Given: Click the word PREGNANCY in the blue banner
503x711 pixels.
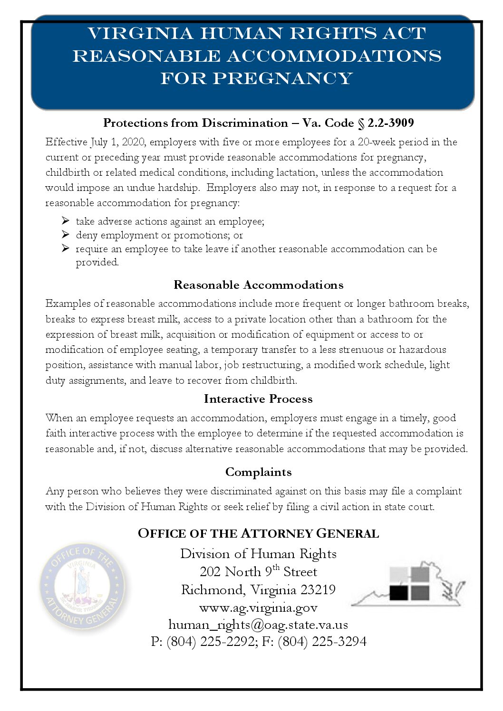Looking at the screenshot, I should tap(282, 78).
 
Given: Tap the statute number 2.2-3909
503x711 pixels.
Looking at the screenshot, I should tap(390, 123).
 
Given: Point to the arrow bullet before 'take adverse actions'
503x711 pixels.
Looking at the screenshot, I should tap(66, 221).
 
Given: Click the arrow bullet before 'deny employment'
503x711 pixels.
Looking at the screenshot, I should tap(66, 235).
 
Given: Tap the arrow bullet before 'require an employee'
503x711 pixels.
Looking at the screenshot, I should tap(66, 248).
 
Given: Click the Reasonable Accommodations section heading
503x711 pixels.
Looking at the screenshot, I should tap(258, 285).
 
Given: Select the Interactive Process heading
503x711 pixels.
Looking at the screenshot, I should tap(258, 399).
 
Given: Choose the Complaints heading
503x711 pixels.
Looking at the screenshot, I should tap(258, 472).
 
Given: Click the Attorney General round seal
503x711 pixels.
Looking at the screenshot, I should tap(83, 586).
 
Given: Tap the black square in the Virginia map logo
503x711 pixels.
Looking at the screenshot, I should tap(398, 593).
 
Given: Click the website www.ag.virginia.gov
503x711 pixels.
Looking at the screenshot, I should tap(258, 607).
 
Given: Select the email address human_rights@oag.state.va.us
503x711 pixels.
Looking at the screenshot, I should tap(258, 625).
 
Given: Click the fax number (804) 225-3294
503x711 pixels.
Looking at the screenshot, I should tap(322, 642).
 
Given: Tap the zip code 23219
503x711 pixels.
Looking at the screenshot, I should tap(318, 590).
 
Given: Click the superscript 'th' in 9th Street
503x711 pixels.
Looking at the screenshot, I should tap(276, 568).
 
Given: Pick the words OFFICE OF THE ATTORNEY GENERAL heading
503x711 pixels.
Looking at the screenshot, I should tap(258, 533).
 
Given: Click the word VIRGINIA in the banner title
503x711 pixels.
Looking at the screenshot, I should tap(140, 34).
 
